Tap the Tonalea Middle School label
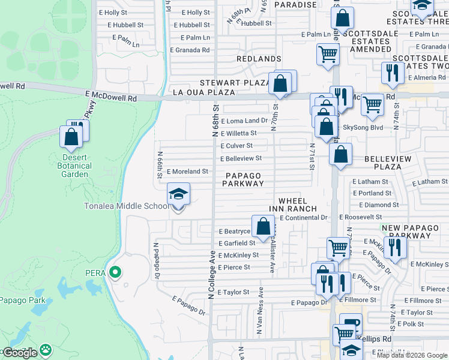click(126, 206)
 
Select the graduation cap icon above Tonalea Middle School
click(178, 194)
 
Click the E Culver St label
click(236, 146)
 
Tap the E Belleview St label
click(241, 158)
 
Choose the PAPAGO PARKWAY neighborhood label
click(244, 179)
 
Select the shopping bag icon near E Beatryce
click(263, 227)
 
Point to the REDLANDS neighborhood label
click(259, 59)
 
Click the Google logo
click(19, 353)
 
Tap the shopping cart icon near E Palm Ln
click(328, 54)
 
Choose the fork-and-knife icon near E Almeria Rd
click(392, 73)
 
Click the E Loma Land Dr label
click(244, 121)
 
